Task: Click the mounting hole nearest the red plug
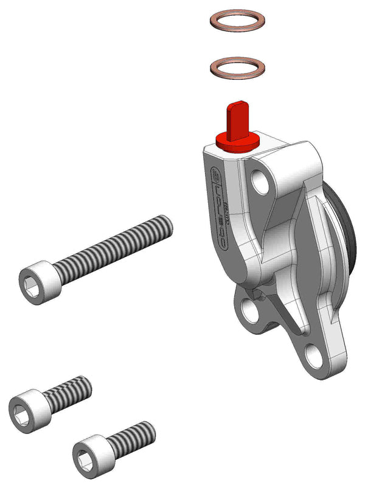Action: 262,181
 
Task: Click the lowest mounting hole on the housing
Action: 313,355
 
